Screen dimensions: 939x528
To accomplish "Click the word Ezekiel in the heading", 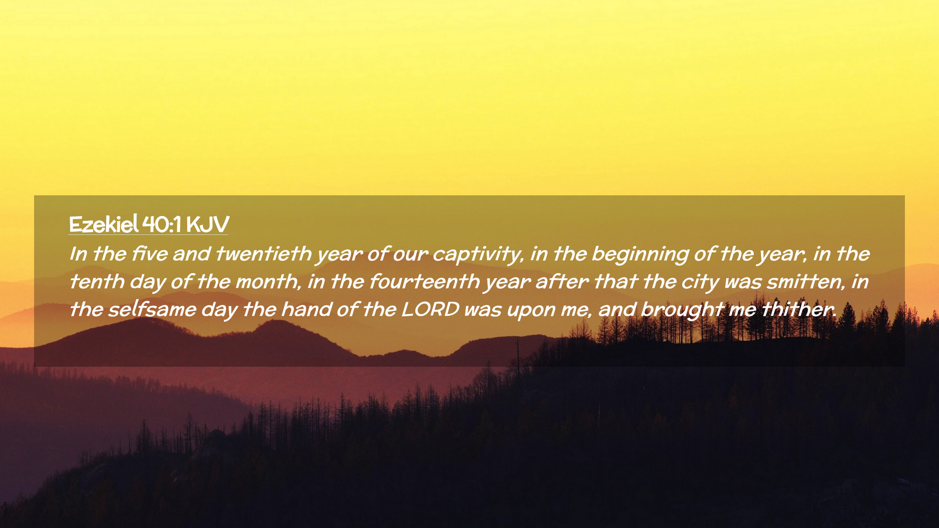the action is (x=104, y=224).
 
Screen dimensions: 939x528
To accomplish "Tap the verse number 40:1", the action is (x=162, y=225).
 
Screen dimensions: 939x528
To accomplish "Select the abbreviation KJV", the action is (x=207, y=225).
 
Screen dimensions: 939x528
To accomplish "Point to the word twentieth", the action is (x=264, y=254).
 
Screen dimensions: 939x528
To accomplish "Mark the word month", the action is (x=268, y=282).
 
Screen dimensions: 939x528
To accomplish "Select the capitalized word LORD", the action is (x=430, y=309).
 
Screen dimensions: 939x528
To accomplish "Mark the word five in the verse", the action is (x=150, y=254).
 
